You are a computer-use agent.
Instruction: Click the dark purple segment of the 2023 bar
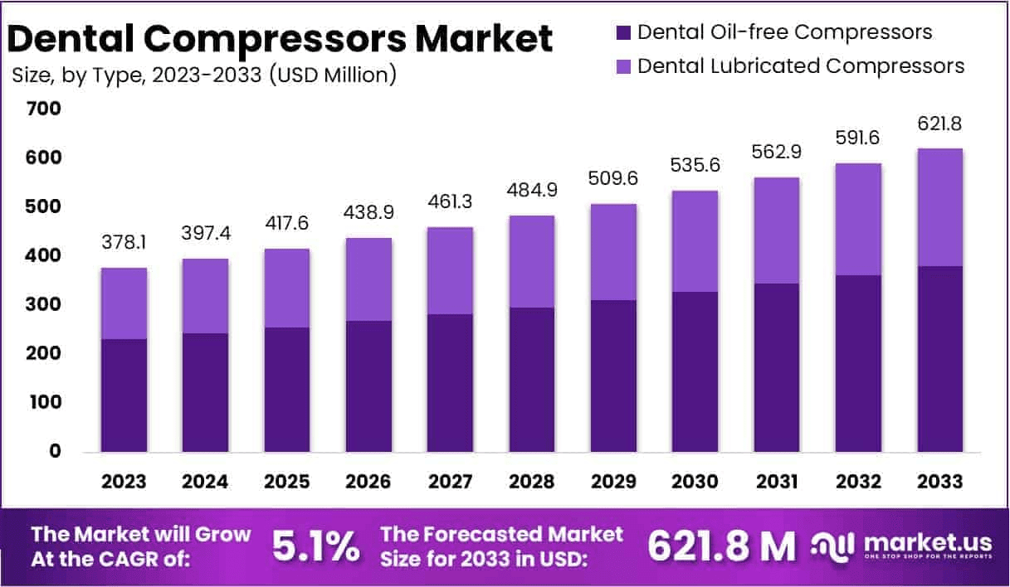(x=124, y=395)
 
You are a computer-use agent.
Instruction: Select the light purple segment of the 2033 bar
(x=939, y=207)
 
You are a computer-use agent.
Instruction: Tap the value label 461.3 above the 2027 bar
(x=450, y=201)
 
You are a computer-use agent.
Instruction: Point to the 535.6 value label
(x=695, y=165)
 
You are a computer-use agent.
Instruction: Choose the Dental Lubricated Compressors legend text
(x=801, y=65)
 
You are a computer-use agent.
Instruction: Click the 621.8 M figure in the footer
(x=720, y=546)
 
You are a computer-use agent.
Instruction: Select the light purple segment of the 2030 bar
(x=695, y=241)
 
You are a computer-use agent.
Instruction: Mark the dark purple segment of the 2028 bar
(x=531, y=380)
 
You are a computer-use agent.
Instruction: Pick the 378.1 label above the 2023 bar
(x=124, y=244)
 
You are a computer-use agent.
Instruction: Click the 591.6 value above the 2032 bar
(x=857, y=137)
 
